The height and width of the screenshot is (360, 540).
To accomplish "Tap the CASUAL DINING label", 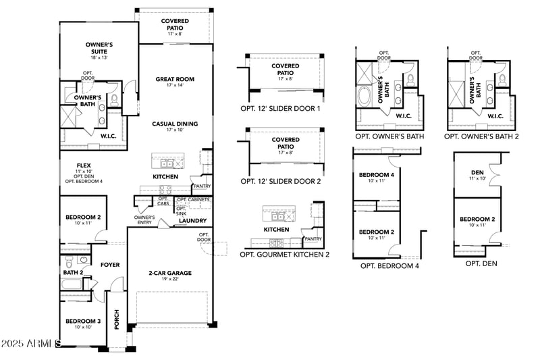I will click(x=174, y=124).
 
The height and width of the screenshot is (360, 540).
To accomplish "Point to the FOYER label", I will click(x=110, y=265).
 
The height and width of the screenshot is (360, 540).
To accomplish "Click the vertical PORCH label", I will click(x=116, y=319).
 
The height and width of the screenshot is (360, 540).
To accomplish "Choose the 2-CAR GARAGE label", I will click(x=170, y=273).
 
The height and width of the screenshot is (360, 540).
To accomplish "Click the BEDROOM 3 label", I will click(x=83, y=321).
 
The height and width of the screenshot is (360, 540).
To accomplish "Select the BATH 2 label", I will click(x=73, y=273).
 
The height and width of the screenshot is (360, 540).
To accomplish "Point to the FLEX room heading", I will click(x=84, y=165).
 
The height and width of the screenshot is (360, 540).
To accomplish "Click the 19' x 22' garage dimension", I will click(x=170, y=280).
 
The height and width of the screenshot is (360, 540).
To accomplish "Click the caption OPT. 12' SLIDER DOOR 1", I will click(x=280, y=108).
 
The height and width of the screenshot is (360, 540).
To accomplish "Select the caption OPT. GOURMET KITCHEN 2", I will click(x=284, y=255).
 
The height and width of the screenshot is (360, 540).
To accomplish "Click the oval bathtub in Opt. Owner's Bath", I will click(x=365, y=95).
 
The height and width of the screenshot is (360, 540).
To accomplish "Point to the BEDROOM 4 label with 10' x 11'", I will click(x=376, y=178).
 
